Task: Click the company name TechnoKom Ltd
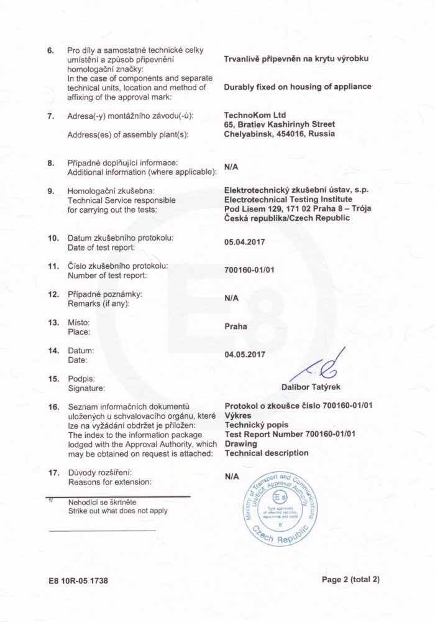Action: (x=253, y=115)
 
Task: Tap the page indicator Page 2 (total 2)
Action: (x=350, y=580)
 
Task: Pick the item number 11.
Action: (x=53, y=266)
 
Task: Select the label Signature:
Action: (x=86, y=388)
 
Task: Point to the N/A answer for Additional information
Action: (x=231, y=167)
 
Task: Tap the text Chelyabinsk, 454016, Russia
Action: (x=278, y=134)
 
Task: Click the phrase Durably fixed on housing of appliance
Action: (x=297, y=87)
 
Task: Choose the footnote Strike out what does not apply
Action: (x=117, y=511)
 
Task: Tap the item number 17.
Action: (x=53, y=473)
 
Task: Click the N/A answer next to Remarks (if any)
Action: (x=231, y=299)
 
